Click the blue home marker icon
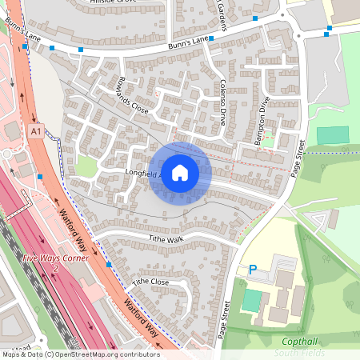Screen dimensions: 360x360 180,173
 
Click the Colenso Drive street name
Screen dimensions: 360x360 222,102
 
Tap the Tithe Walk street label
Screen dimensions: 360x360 166,238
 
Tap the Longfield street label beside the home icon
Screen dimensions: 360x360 142,172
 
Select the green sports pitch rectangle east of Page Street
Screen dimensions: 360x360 333,135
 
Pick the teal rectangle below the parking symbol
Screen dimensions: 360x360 251,301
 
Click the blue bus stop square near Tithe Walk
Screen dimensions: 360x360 108,264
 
